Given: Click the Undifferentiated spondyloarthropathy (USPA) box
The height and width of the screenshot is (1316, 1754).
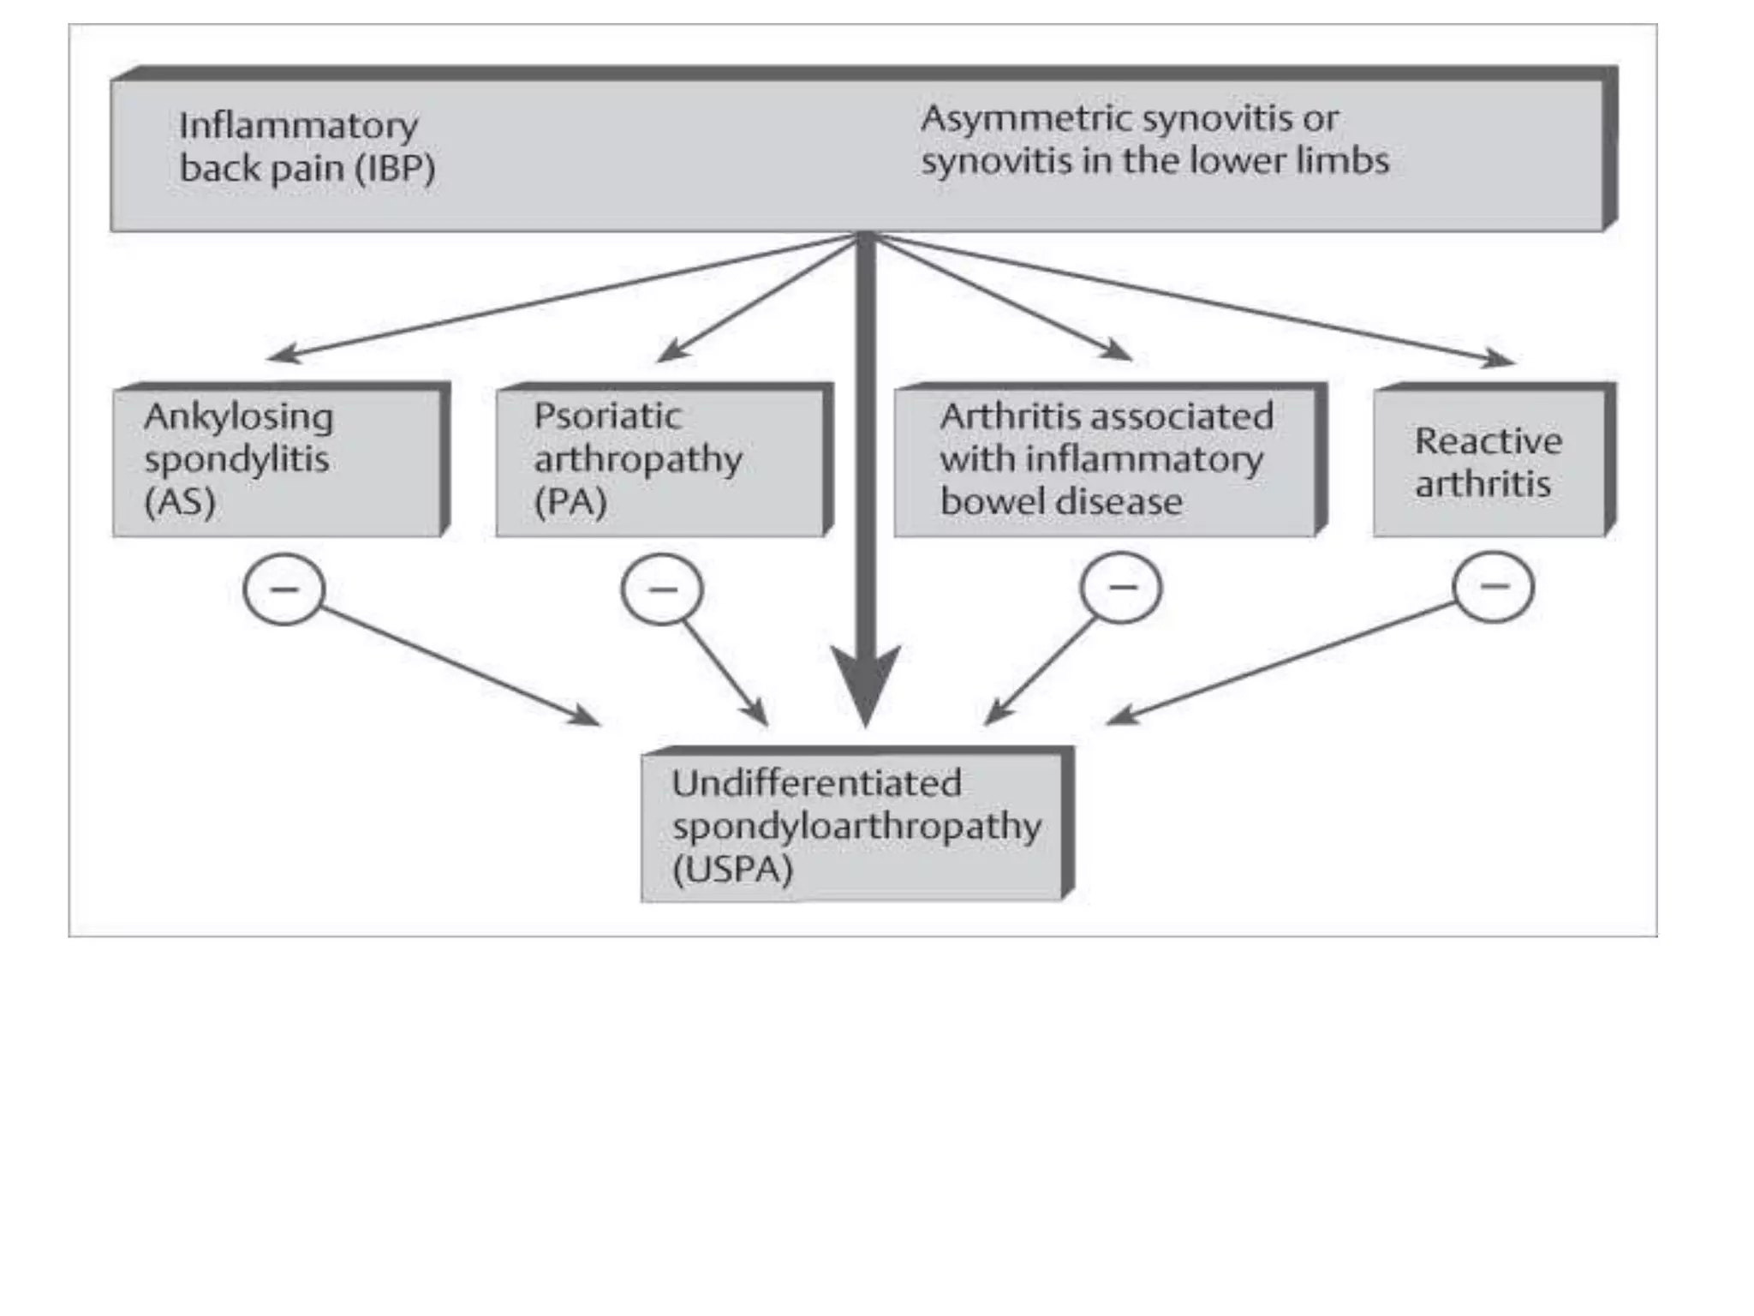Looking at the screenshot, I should [x=853, y=826].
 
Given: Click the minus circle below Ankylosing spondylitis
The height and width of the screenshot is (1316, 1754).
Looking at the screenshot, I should [x=284, y=589].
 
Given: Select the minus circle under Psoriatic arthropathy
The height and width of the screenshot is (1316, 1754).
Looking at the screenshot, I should [x=662, y=589].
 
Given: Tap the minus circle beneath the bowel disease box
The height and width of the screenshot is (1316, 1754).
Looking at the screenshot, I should [x=1121, y=588].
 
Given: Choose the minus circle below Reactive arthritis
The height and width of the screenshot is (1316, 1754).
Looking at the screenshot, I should [x=1494, y=587].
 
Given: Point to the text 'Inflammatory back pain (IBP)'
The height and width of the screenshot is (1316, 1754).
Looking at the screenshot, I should [x=307, y=147].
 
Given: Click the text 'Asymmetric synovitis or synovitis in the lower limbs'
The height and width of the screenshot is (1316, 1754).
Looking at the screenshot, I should [x=1154, y=140].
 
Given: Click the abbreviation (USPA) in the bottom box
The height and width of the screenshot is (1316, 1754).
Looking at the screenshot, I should [x=733, y=870].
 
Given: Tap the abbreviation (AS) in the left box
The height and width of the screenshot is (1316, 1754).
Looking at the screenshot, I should [x=180, y=502].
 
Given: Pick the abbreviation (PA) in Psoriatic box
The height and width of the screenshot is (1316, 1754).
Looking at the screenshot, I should [x=570, y=502].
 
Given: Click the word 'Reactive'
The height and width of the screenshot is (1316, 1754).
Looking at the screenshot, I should [x=1489, y=441].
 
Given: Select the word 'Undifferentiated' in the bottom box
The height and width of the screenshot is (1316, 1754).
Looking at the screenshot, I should [x=816, y=783].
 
